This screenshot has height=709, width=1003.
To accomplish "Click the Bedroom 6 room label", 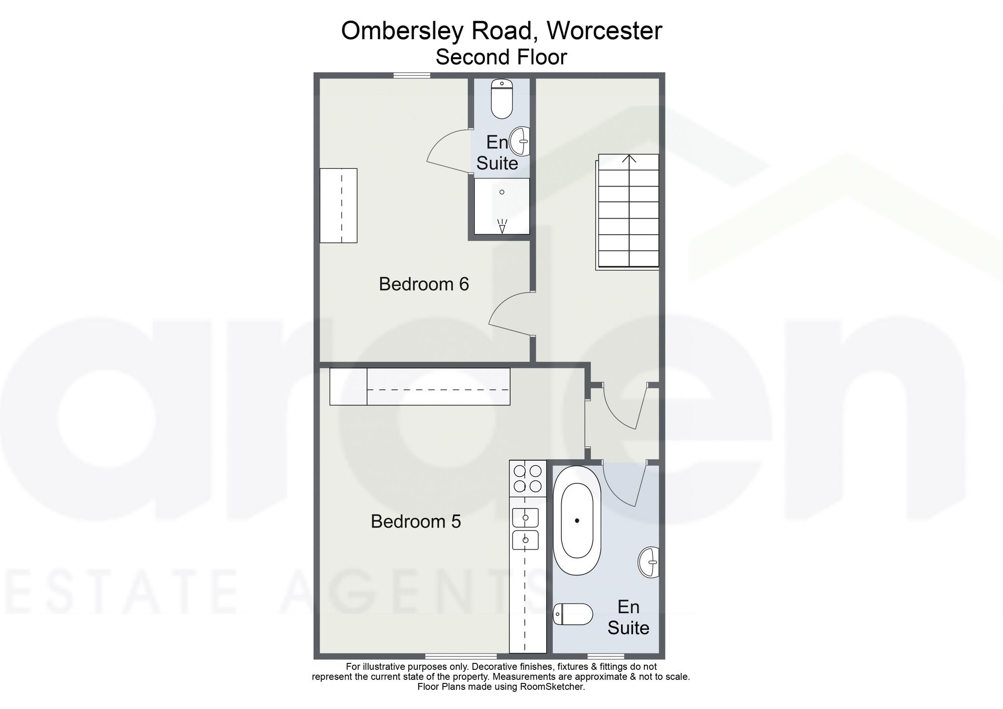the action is [424, 284].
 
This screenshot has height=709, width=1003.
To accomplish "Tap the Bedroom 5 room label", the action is [416, 521].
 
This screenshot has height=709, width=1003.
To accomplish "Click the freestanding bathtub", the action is [577, 520].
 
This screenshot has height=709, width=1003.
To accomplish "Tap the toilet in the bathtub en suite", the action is [573, 614].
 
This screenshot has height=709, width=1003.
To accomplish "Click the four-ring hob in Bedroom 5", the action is [528, 479].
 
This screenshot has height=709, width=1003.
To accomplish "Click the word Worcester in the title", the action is [604, 31].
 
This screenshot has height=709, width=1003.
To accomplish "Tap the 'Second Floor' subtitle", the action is [501, 57].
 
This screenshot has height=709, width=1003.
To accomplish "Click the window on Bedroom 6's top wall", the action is [412, 76].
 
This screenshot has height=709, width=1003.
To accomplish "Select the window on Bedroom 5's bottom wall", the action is [461, 656].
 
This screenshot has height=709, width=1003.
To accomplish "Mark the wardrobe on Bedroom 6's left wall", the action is [339, 206].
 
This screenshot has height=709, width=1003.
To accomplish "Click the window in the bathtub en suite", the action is [606, 656].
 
